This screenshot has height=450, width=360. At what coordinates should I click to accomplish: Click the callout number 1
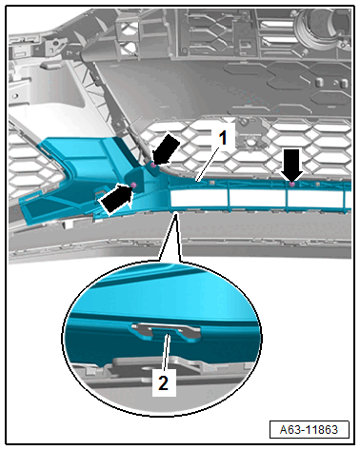point(224,139)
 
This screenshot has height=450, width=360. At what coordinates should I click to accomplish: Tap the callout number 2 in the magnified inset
point(164,382)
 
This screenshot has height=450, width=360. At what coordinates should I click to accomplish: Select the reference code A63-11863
point(309,430)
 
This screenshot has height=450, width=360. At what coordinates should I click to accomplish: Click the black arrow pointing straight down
point(291,164)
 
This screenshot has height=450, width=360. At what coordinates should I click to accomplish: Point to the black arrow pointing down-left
point(166,148)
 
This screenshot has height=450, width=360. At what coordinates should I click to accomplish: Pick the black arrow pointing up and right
point(116,200)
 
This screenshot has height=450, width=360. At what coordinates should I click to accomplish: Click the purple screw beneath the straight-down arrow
point(292,184)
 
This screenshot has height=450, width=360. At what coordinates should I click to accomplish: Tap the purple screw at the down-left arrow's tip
point(153,165)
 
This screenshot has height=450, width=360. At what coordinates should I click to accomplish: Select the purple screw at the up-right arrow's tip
point(133,185)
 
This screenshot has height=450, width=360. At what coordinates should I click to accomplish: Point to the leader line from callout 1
point(207,165)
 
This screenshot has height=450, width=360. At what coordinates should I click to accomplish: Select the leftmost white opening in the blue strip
point(198,197)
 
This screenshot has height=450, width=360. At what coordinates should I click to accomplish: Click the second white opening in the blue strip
point(257,198)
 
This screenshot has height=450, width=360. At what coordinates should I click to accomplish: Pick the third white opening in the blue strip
point(314,199)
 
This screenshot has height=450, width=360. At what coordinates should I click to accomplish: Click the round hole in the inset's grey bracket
point(146,369)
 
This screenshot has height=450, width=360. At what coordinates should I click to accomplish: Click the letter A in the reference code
point(284,430)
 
